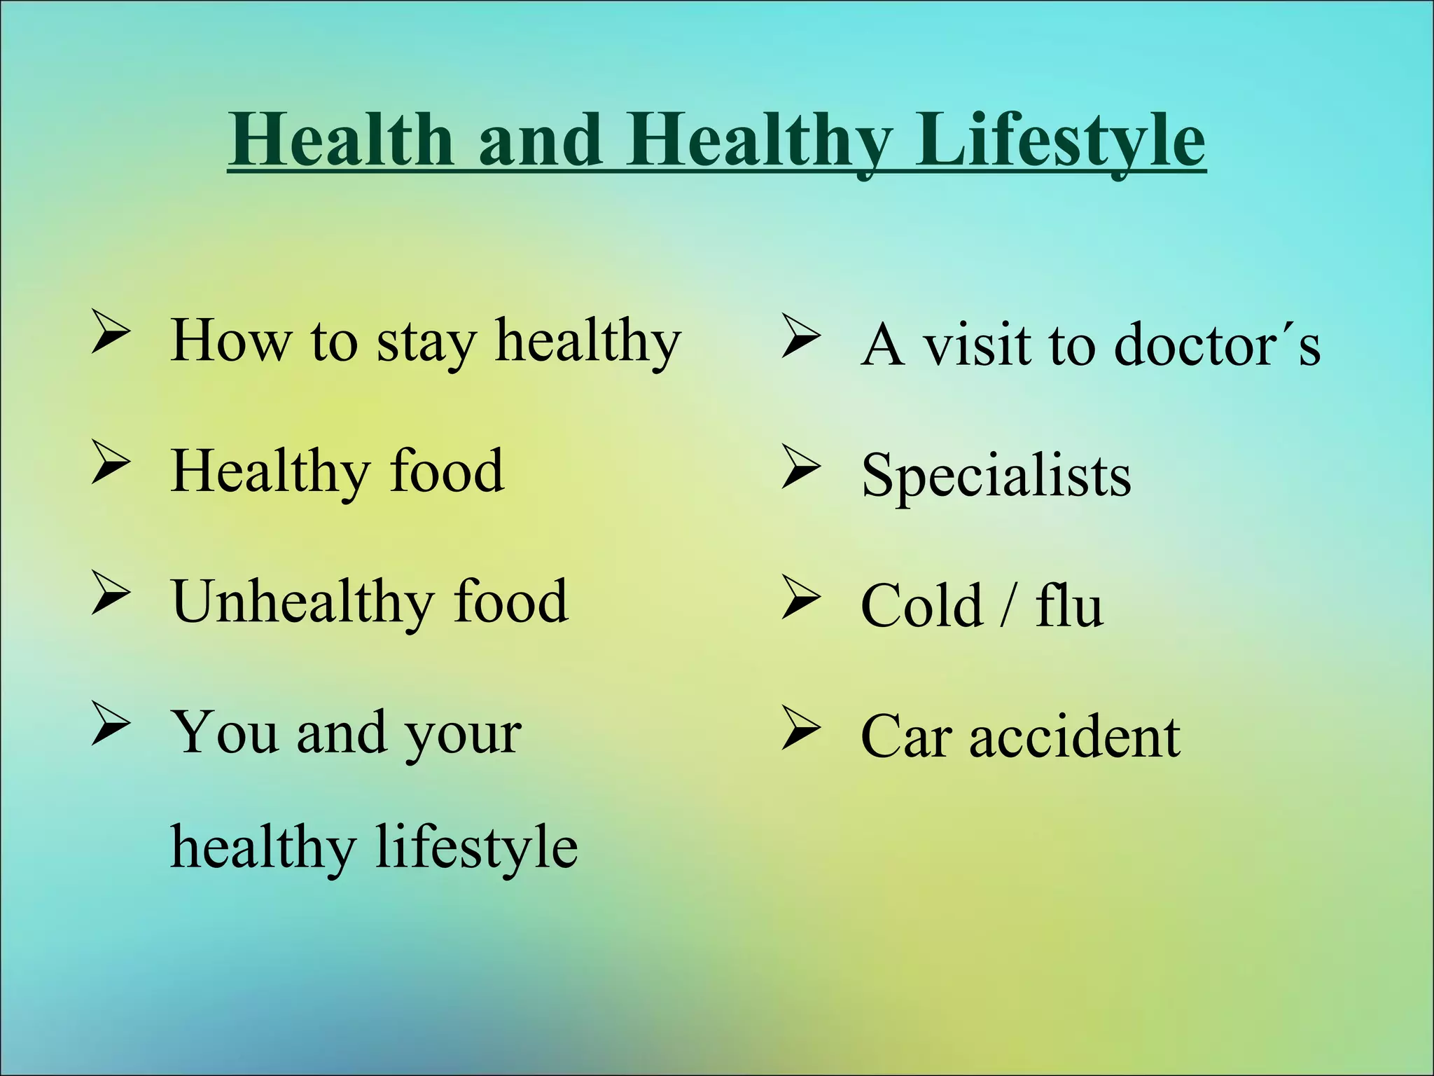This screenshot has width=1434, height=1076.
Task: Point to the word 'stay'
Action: [426, 343]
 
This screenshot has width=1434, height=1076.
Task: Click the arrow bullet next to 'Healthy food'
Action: [111, 464]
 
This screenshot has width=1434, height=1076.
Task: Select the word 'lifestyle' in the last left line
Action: [476, 848]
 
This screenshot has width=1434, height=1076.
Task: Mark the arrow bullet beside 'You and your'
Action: [111, 725]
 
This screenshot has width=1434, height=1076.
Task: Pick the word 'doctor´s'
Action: [1216, 345]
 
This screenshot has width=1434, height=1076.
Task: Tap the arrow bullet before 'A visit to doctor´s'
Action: [801, 337]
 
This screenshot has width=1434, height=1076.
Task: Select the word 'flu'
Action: [1068, 606]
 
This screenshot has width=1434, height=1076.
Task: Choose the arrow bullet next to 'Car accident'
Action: [801, 729]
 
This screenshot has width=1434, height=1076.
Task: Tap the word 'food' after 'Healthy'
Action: [446, 471]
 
